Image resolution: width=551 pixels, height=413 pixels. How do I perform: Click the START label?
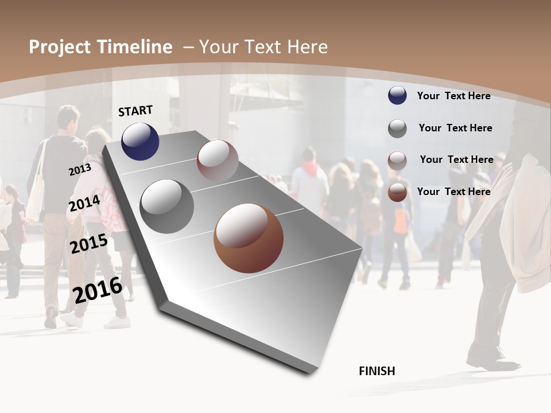point(135,111)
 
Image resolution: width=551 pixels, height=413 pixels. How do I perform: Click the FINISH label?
point(377,371)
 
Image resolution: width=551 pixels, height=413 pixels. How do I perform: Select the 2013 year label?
point(80,170)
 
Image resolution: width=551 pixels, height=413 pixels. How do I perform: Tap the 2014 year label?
point(84,204)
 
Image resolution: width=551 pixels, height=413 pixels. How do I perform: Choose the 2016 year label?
point(98,290)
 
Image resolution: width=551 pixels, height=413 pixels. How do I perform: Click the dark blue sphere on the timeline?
point(140,141)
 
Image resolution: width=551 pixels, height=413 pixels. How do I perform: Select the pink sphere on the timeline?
point(218,161)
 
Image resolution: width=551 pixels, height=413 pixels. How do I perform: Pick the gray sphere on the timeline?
point(167,206)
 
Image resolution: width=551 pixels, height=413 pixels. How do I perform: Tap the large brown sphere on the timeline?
point(249,238)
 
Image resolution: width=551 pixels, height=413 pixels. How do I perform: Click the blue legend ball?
point(397,96)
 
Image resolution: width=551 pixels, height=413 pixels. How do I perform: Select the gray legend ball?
point(397,128)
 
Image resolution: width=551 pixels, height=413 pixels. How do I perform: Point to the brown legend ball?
point(397,192)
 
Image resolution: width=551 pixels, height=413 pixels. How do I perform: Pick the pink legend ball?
point(397,160)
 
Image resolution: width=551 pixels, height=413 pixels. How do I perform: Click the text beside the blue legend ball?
point(453,96)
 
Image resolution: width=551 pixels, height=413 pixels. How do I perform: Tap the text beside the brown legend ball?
point(453,192)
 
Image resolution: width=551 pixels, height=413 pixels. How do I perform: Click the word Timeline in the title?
point(134,47)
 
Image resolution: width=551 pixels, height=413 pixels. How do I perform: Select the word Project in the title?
point(60,47)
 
